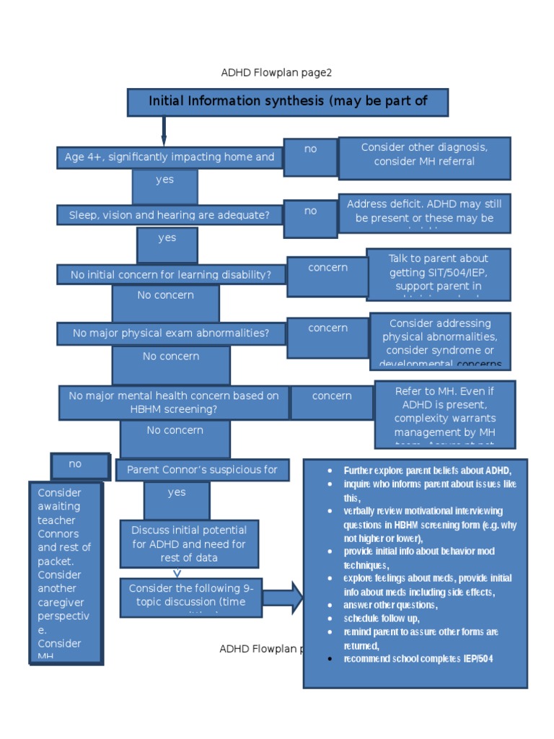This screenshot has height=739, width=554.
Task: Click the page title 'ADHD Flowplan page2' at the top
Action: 276,73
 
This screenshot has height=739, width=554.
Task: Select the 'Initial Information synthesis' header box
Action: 288,102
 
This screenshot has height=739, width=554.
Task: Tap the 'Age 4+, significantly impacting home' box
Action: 170,157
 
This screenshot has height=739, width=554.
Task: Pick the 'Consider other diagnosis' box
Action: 424,157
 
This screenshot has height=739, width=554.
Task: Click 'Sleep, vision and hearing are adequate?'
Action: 170,214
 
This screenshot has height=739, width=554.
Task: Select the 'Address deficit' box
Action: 424,212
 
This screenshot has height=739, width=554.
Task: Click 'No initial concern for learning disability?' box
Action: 171,275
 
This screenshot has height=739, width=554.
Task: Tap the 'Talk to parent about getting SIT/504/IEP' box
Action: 438,274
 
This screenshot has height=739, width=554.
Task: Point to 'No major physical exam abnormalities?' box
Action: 171,333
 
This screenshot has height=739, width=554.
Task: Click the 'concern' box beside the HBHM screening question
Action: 332,402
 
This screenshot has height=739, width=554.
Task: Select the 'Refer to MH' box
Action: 444,414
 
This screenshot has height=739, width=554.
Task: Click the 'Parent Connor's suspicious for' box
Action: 202,470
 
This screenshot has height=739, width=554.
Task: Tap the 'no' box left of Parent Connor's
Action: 80,465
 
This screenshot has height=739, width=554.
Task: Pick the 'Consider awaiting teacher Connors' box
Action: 66,573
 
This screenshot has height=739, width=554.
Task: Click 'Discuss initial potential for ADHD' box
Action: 189,543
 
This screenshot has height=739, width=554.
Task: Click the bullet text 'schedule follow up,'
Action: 381,618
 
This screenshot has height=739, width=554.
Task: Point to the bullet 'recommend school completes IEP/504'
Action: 418,659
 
